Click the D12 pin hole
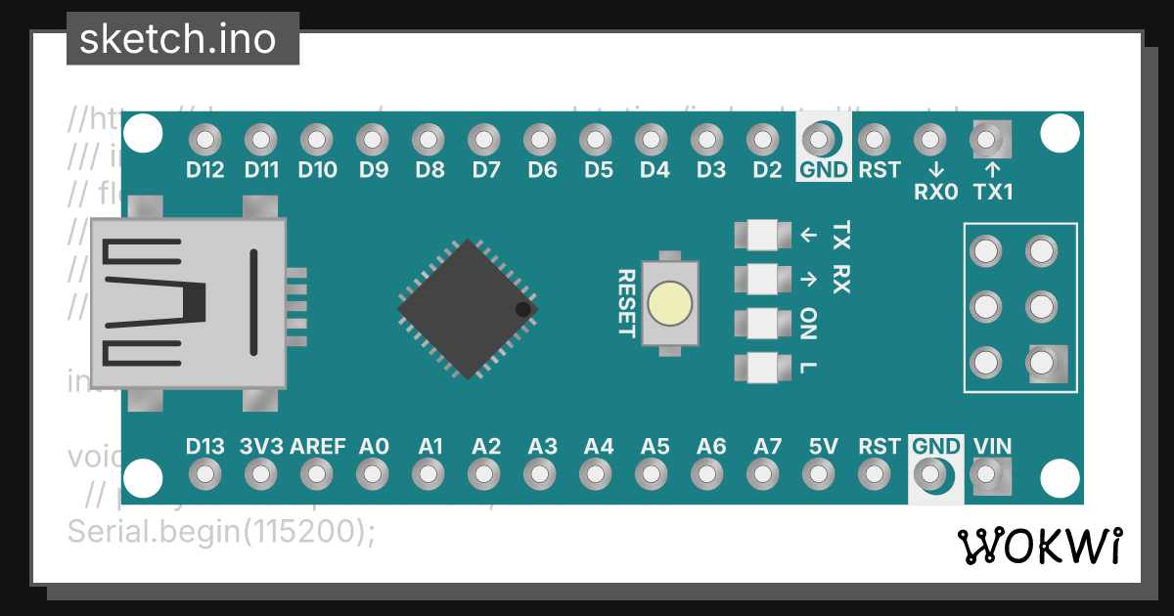pos(204,140)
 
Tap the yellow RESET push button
pos(670,303)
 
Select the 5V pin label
pos(823,447)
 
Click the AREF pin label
pos(318,447)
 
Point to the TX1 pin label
pos(993,192)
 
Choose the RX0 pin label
pos(935,192)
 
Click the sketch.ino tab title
pos(177,39)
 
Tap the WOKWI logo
pos(1041,546)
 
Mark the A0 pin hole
pos(373,475)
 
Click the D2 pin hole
pos(766,140)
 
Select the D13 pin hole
pos(204,475)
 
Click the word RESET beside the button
pos(626,303)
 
